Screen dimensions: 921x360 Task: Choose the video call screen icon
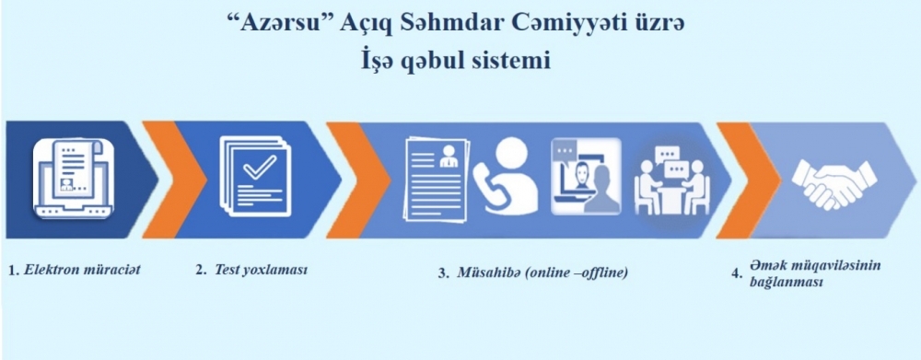[586, 176]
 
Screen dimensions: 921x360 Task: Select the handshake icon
[834, 181]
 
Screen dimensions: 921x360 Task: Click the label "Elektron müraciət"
[83, 271]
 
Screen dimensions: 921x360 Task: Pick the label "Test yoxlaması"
[262, 270]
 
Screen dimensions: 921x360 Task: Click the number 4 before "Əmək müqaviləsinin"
[735, 274]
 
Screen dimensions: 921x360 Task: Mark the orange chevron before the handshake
[748, 180]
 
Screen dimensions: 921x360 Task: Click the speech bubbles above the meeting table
[671, 162]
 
